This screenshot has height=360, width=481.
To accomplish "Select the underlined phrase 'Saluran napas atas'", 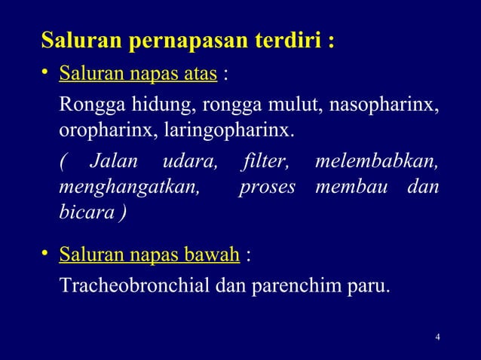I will [x=139, y=74].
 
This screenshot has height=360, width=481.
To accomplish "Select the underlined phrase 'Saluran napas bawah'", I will [x=149, y=255].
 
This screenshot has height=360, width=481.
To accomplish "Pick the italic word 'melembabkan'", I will [x=377, y=160].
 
